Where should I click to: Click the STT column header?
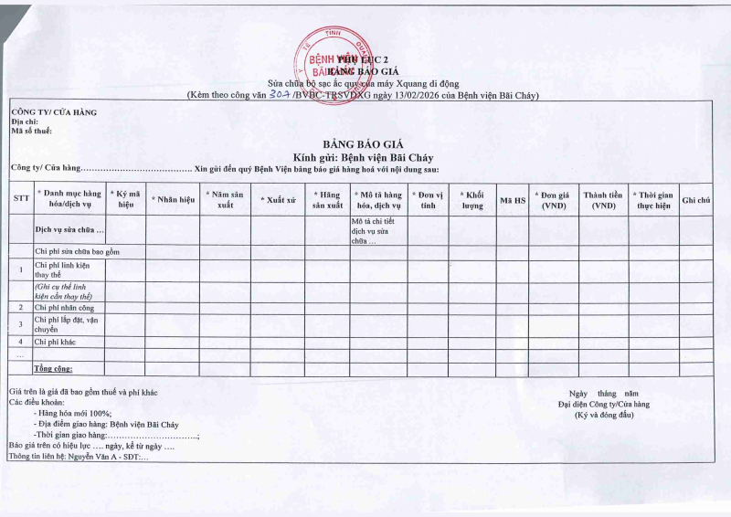(x=21, y=199)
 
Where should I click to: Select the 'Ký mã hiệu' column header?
(x=126, y=199)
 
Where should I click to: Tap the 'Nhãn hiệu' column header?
(x=173, y=199)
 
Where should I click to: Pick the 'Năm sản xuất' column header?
(x=225, y=199)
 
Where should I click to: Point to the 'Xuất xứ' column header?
(x=279, y=199)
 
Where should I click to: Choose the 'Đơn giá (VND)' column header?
(x=553, y=199)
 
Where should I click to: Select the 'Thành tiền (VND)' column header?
(x=602, y=199)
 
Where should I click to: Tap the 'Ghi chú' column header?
(x=696, y=199)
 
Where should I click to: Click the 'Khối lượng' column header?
(x=471, y=199)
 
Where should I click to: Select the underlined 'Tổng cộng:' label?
(x=54, y=368)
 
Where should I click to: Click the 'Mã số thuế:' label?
(x=31, y=132)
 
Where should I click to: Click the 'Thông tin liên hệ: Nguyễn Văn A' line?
(x=78, y=456)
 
